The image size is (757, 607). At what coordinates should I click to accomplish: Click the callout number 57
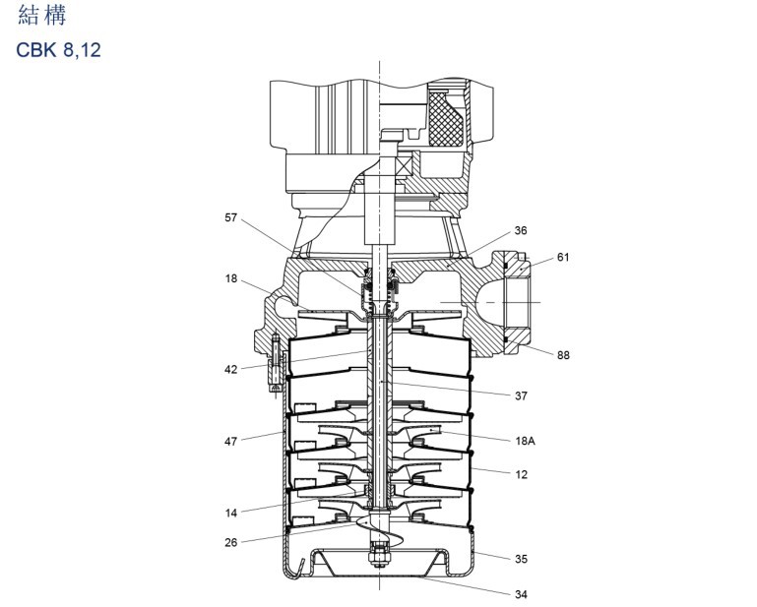point(231,217)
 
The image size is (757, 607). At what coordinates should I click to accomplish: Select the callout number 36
point(521,230)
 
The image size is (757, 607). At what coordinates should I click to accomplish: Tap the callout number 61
point(563,257)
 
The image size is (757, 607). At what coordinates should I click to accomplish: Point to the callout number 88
point(563,355)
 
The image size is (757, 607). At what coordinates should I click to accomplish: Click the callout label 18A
point(526,441)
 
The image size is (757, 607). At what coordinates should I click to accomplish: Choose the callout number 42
point(231,370)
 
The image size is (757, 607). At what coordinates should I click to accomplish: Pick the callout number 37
point(521,396)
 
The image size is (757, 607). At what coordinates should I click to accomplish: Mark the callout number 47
point(231,442)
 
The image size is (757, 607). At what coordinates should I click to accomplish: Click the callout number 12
point(522,475)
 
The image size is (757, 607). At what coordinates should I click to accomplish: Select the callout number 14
point(231,513)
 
